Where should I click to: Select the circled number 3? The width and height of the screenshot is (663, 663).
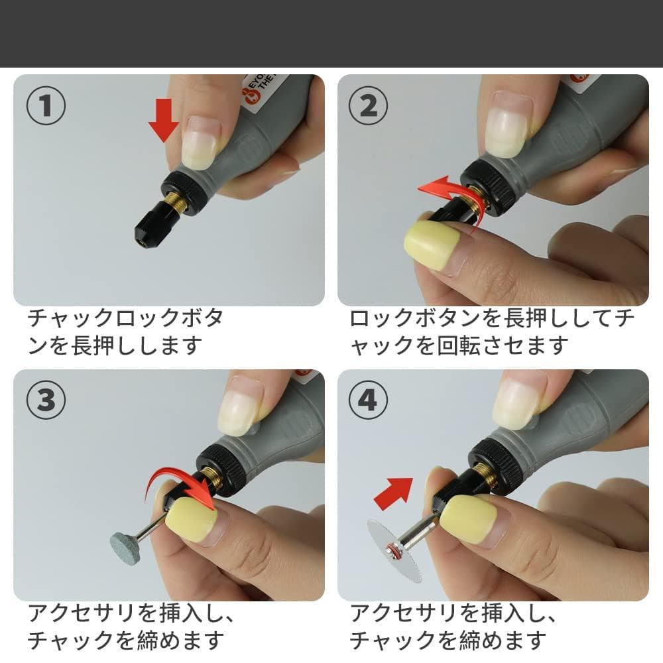point(46,401)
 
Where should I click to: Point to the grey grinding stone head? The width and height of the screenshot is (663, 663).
point(126,548)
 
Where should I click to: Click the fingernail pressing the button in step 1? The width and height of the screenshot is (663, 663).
point(201,142)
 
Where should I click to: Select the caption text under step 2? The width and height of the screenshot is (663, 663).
point(491,331)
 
